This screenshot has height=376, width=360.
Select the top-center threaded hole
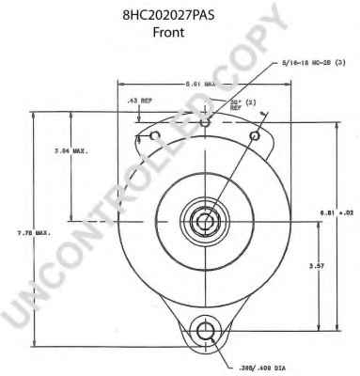[x=205, y=121]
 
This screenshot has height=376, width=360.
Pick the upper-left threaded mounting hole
[x=152, y=137]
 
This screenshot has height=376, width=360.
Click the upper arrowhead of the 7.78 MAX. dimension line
[x=35, y=114]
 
